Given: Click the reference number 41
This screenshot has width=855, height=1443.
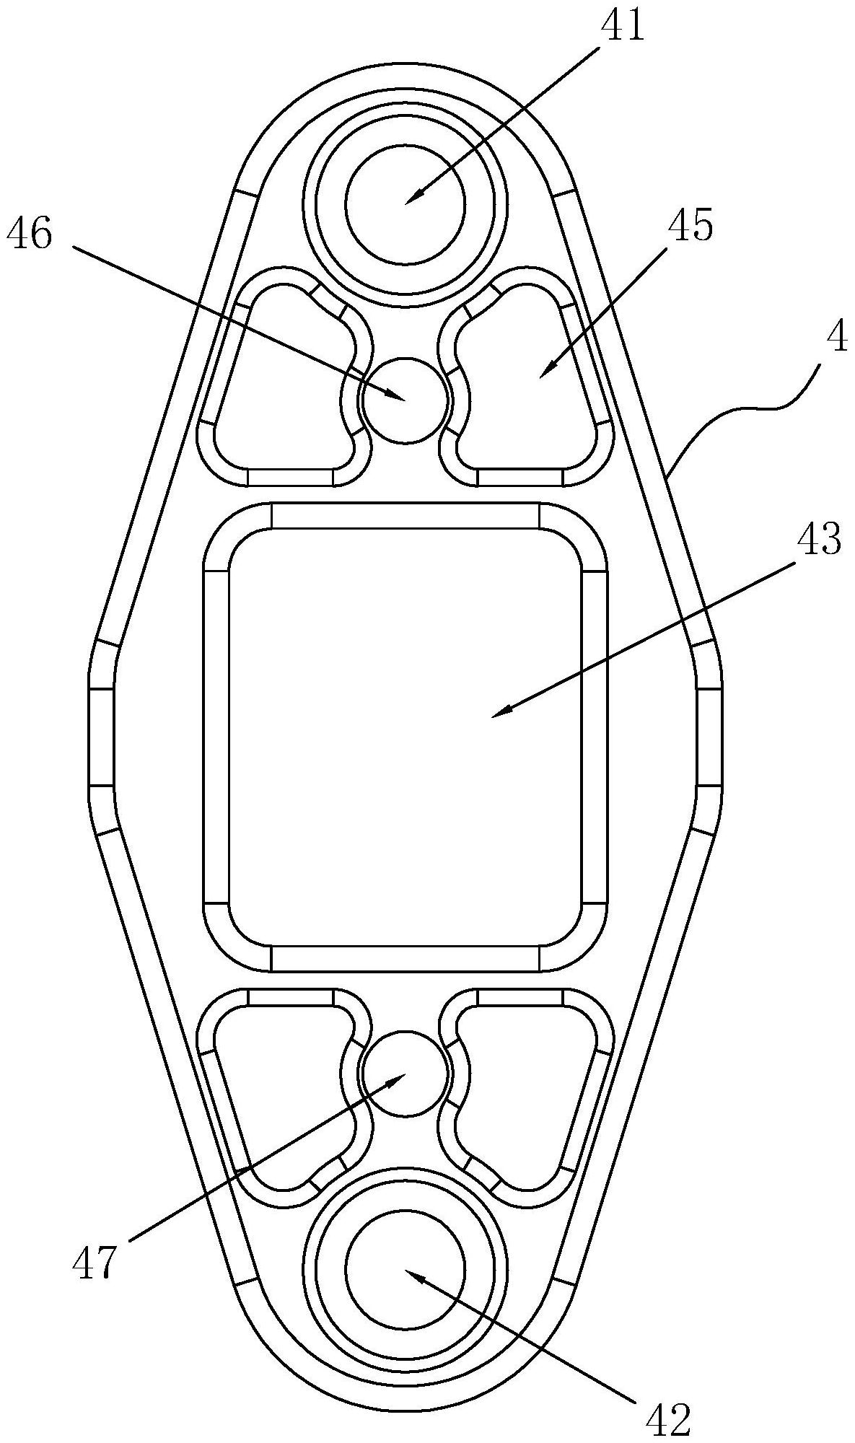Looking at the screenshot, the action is tap(625, 25).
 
